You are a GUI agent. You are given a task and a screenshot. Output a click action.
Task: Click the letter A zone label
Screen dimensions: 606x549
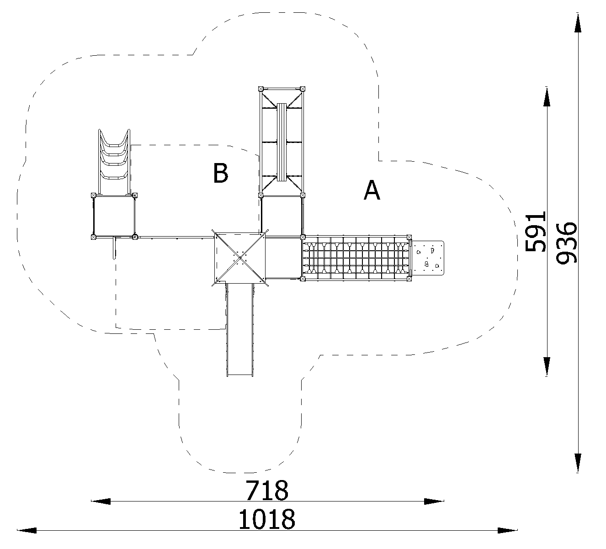pos(372,190)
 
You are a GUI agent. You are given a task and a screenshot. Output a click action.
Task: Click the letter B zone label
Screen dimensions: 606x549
pos(221,173)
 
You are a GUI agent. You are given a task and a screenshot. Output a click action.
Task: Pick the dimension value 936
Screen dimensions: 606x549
pos(567,243)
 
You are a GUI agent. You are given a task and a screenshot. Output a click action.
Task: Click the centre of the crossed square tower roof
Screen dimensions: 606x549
pos(240,258)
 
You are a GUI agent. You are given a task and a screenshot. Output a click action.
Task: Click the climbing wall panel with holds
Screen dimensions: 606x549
pos(428,258)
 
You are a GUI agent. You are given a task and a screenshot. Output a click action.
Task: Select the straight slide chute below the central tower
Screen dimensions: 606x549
pos(240,330)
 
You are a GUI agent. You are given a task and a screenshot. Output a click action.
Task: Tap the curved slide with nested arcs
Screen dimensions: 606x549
pos(114,162)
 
